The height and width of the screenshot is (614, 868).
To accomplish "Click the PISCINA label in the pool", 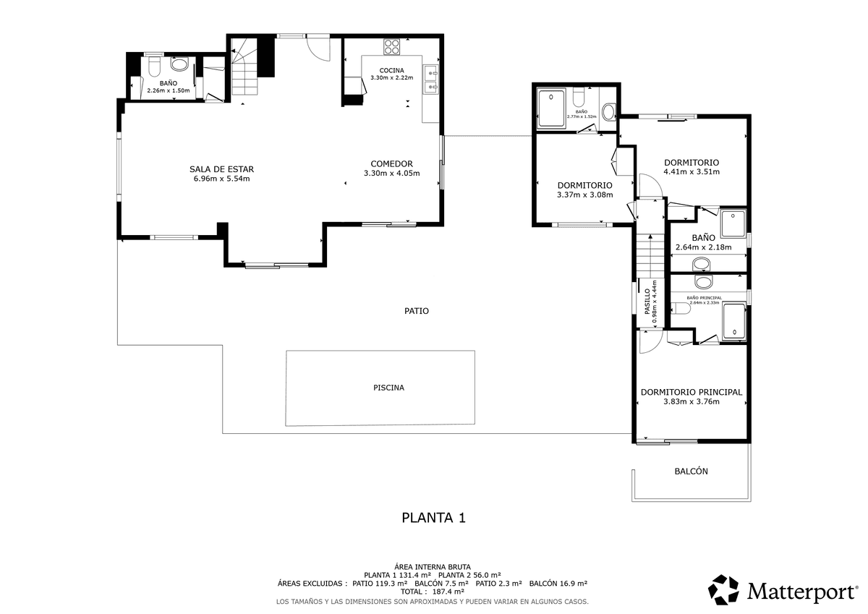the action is point(388,388).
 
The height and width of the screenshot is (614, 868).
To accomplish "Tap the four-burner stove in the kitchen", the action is point(392,47).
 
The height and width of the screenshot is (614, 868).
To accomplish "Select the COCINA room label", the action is point(392,70).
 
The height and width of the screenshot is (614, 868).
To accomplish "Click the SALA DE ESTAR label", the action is point(221,169).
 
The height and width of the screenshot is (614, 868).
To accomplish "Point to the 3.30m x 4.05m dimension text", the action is point(392,173).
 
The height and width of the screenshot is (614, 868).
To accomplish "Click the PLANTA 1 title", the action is point(433,518).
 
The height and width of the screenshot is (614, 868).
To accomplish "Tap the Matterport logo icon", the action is point(723,590).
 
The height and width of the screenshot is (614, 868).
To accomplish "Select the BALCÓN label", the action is point(692,471).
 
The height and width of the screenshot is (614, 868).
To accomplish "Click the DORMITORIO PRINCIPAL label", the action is point(692,392).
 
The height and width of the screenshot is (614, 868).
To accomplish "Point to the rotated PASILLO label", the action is point(647,301).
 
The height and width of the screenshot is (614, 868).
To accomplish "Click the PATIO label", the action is point(417,311).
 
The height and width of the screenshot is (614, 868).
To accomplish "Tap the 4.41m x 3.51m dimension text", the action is point(692,171).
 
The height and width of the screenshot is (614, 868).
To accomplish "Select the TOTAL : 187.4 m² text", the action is point(433,592).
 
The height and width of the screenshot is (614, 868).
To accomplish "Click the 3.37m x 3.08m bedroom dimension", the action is point(585,195).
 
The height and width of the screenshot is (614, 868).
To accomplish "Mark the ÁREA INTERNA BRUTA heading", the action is point(433,567).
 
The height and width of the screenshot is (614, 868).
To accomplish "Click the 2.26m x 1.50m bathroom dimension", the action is point(169,90).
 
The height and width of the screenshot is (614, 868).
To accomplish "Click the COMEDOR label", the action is point(392,164).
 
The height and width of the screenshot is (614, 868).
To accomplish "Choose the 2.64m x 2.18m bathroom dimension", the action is point(704,247).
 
